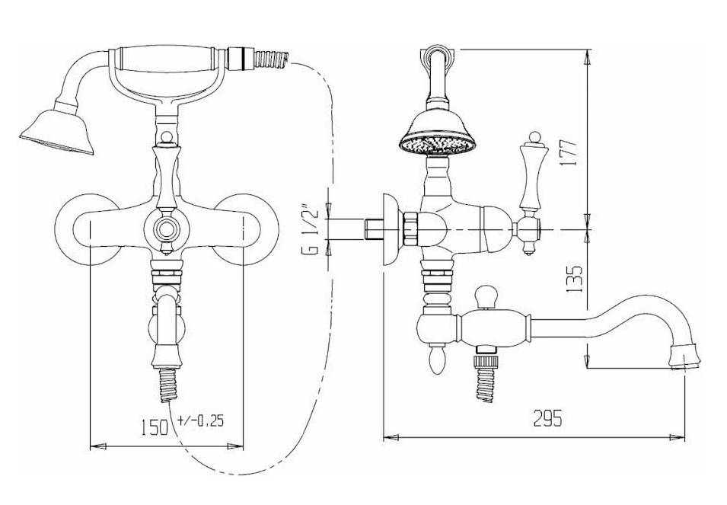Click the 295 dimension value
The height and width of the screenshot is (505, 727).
(547, 418)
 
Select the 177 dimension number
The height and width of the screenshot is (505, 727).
(571, 152)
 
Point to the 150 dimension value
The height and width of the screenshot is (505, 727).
(155, 427)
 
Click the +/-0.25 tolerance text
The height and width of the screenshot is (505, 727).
(200, 420)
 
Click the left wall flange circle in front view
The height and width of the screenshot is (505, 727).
(88, 229)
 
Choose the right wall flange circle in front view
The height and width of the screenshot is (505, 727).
(245, 229)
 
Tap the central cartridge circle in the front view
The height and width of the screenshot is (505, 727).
(166, 229)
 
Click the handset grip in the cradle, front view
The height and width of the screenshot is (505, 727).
(167, 59)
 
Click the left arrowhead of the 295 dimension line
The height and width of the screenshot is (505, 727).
(391, 437)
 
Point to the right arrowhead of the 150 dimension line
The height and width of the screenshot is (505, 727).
(235, 446)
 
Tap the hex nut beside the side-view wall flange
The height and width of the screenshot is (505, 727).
(411, 229)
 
